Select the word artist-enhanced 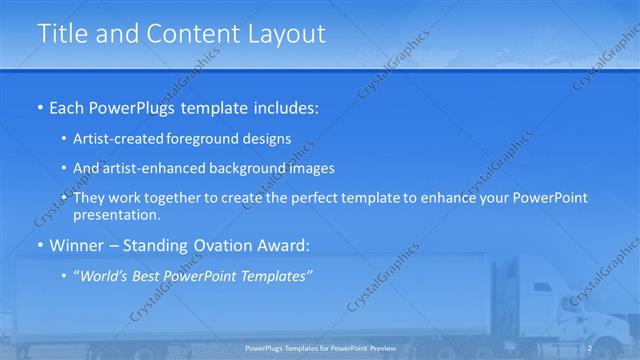(152, 168)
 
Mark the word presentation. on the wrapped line (117, 214)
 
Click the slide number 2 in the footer (590, 347)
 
